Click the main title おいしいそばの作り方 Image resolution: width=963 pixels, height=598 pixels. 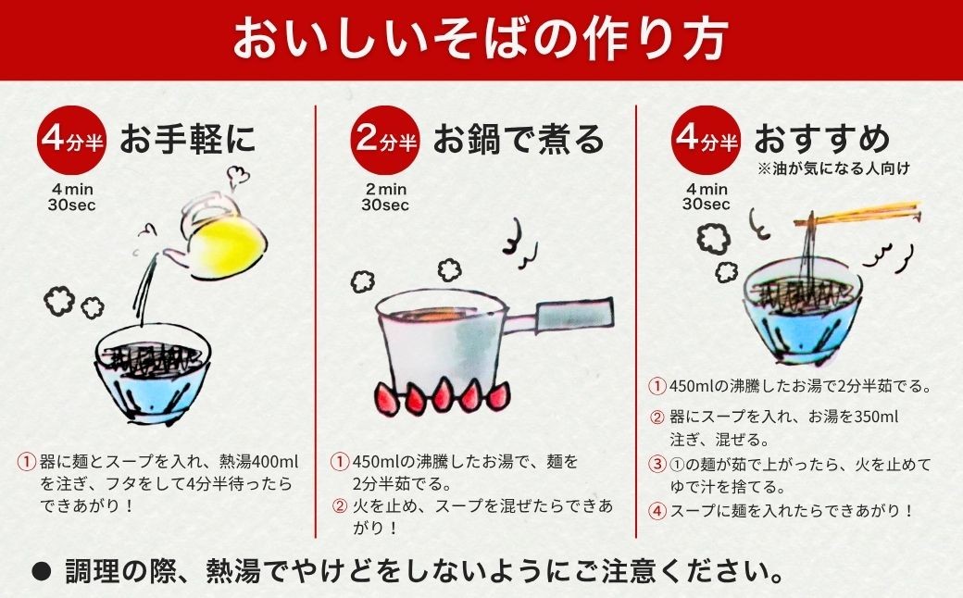tap(481, 39)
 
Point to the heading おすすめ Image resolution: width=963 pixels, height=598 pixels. tap(821, 140)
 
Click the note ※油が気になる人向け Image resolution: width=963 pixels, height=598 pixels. tap(832, 168)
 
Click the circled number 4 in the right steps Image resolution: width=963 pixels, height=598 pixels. tap(657, 510)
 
